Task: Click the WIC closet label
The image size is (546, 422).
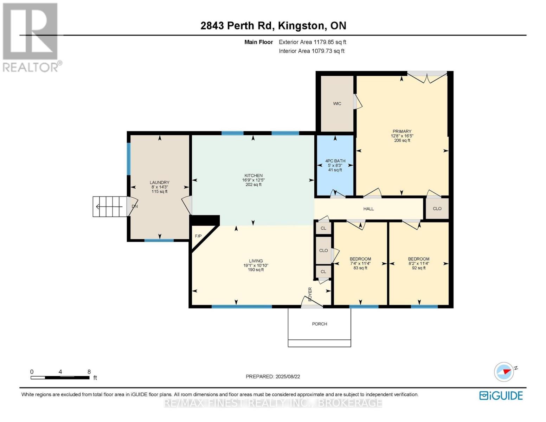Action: point(337,104)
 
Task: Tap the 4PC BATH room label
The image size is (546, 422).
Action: point(335,161)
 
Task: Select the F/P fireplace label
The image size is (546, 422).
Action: point(198,236)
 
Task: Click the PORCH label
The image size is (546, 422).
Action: point(319,324)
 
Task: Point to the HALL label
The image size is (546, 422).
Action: point(368,209)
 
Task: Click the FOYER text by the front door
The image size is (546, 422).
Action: point(310,294)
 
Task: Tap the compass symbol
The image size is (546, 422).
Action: point(504,372)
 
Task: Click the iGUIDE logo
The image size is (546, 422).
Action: point(501,396)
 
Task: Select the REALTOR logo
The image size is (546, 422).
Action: point(31,37)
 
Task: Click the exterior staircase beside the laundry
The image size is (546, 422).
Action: point(109,206)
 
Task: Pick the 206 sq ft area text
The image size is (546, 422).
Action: point(402,141)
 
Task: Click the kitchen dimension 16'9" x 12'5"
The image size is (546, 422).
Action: point(253,180)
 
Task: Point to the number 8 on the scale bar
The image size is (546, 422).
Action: point(89,372)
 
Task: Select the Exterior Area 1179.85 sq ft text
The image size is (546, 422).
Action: point(312,42)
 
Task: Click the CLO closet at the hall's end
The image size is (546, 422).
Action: point(437,209)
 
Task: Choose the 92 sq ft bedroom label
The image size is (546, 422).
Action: point(418,268)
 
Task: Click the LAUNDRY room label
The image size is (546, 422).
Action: point(159,183)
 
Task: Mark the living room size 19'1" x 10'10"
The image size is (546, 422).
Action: point(256,266)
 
